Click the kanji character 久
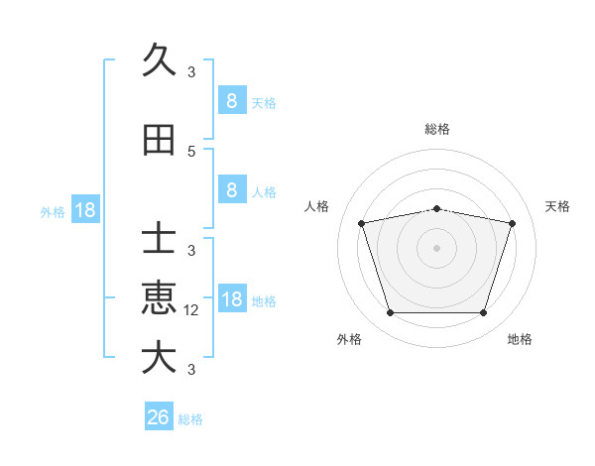point(159,61)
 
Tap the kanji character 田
point(159,141)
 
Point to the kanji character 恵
point(159,298)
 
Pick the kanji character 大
point(159,358)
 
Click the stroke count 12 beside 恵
point(192,310)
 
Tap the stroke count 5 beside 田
point(191,152)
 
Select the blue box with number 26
point(159,417)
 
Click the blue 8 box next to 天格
point(231,101)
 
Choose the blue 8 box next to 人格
point(231,190)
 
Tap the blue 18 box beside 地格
point(231,300)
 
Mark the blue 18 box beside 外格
point(84,210)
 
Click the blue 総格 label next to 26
point(190,419)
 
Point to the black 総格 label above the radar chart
point(436,129)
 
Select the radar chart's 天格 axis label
point(558,206)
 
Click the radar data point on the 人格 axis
point(362,223)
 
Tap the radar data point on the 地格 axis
point(483,312)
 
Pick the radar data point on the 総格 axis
point(436,208)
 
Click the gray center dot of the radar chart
point(436,248)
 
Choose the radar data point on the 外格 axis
point(390,312)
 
